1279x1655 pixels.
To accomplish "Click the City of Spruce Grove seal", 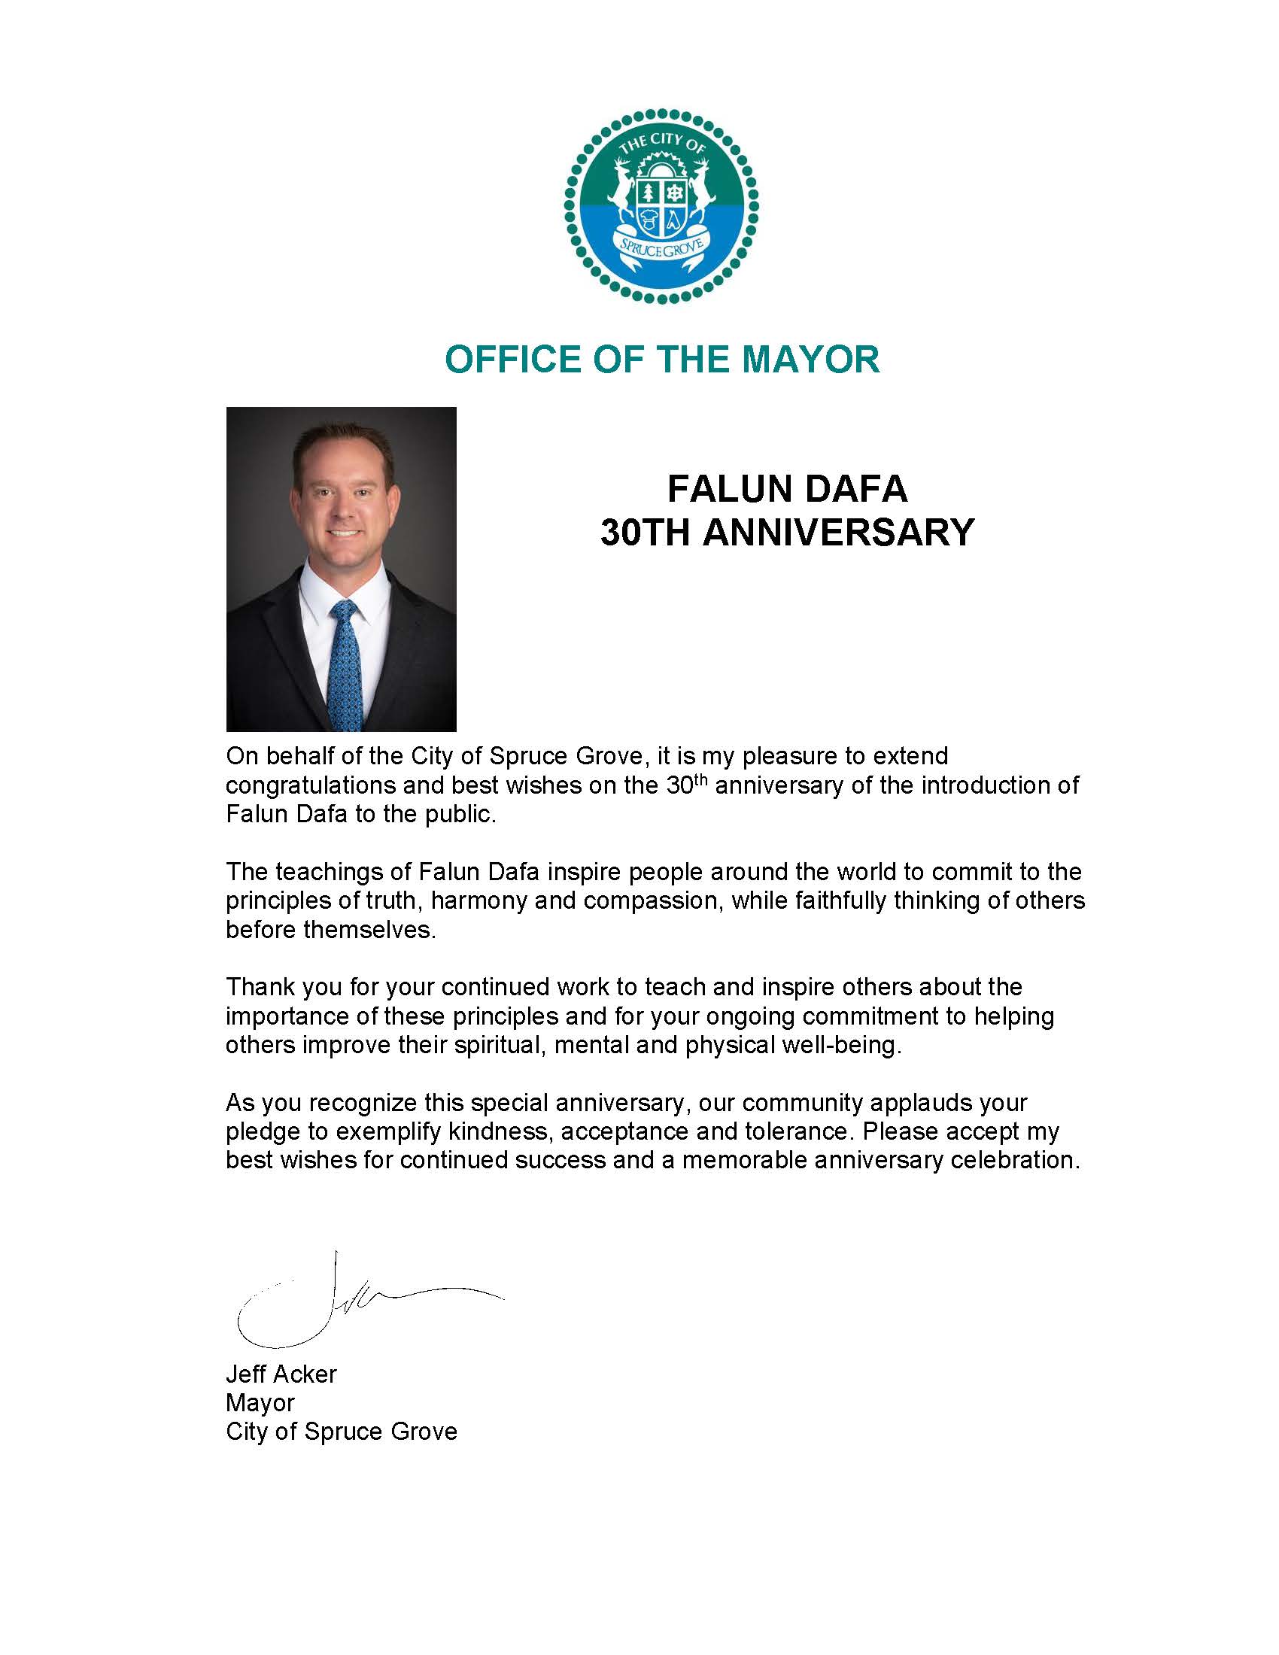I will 661,207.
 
